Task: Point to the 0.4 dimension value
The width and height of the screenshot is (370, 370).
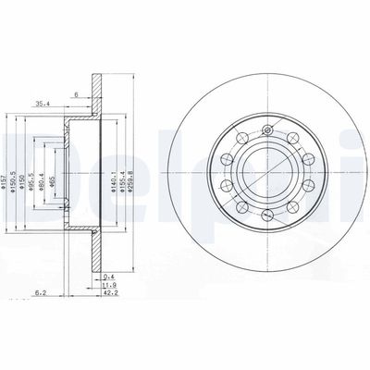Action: coord(109,276)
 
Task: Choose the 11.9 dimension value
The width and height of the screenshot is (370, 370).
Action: coord(109,285)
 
